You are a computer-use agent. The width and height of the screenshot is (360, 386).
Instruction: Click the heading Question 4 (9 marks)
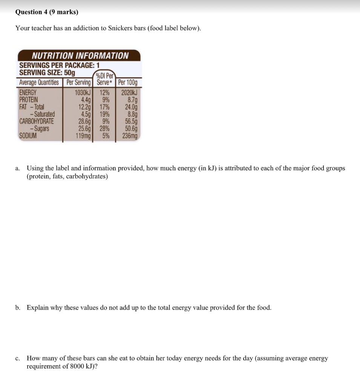tap(47, 12)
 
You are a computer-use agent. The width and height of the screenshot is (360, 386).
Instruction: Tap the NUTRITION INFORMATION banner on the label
tap(80, 56)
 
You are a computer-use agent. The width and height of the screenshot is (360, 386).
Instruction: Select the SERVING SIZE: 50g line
tap(47, 72)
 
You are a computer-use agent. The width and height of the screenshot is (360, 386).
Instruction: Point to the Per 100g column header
tap(128, 83)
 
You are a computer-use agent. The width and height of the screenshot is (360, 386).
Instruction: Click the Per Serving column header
tap(79, 83)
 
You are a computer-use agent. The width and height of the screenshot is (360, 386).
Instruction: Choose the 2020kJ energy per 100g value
tap(130, 93)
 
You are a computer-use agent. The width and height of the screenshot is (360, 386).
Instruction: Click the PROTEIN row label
tap(29, 100)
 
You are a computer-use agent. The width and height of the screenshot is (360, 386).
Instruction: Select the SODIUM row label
tap(28, 136)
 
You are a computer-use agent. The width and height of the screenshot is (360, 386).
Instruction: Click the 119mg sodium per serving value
tap(83, 136)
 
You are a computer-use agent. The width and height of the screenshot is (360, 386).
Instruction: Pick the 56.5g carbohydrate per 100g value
tap(131, 121)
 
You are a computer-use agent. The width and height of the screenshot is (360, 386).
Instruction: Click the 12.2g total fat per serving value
tap(85, 107)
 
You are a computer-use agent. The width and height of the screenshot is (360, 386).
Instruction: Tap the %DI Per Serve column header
tap(105, 79)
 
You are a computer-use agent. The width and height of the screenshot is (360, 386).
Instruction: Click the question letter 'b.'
tap(18, 308)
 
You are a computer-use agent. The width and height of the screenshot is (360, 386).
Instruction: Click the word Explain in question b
tap(37, 308)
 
